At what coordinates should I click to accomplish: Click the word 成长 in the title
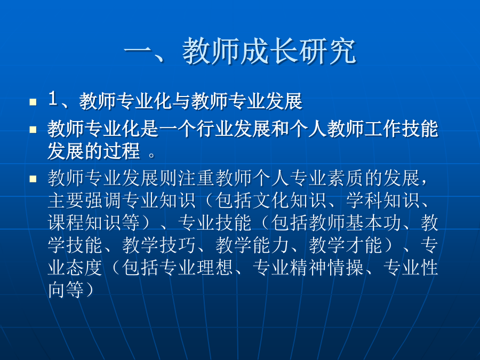pyautogui.click(x=269, y=51)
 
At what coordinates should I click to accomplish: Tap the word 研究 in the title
pyautogui.click(x=327, y=51)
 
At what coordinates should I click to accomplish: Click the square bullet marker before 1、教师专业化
pyautogui.click(x=33, y=102)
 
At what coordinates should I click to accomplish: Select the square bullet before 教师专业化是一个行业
pyautogui.click(x=33, y=130)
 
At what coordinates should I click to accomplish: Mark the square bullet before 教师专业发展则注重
pyautogui.click(x=33, y=179)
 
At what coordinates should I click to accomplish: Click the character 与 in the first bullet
pyautogui.click(x=182, y=101)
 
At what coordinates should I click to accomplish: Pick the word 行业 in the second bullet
pyautogui.click(x=215, y=129)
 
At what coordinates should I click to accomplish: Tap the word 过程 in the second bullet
pyautogui.click(x=122, y=151)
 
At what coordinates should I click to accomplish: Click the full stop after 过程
pyautogui.click(x=151, y=155)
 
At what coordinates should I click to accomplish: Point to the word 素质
pyautogui.click(x=346, y=178)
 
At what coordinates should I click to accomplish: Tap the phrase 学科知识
pyautogui.click(x=382, y=201)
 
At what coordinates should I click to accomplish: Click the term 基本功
pyautogui.click(x=373, y=223)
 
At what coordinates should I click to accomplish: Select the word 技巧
pyautogui.click(x=178, y=245)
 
